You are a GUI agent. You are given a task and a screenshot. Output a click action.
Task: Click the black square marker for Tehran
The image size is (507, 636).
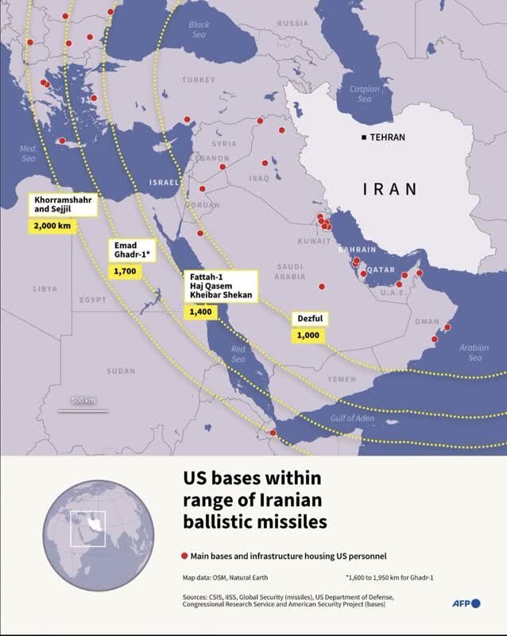364,138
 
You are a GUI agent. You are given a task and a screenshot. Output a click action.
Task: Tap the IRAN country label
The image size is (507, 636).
389,189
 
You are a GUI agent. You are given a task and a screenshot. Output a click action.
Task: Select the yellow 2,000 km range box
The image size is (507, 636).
52,226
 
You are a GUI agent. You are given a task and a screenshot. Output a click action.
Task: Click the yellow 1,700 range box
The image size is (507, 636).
125,271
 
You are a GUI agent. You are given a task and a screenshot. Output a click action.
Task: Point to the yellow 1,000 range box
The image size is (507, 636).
308,335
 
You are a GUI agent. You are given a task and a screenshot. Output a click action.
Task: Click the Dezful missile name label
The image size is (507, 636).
308,320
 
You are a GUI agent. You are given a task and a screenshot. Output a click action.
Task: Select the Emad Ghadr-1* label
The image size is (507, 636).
134,250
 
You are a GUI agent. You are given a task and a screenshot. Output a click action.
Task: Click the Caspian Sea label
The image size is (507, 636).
364,95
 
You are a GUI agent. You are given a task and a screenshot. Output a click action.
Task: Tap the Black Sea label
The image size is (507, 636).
199,30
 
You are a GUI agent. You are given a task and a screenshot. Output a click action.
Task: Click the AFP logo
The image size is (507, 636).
466,604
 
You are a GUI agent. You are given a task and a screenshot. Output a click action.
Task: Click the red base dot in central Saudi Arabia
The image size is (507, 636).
322,286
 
